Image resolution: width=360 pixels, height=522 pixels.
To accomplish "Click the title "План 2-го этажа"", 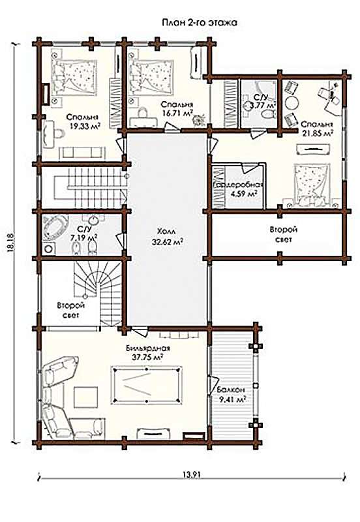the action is tap(200, 23).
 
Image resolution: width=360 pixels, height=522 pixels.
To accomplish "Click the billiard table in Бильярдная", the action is tap(147, 385).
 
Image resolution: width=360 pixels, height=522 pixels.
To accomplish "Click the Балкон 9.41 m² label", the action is tap(232, 394).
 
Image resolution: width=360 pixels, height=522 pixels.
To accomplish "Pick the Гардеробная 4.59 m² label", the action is tap(238, 189).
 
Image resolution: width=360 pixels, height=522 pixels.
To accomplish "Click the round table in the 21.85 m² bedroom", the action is tap(293, 102).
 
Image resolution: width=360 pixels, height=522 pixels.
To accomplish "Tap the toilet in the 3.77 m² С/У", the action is tap(268, 114).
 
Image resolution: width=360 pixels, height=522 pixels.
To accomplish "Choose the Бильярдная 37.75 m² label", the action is tap(148, 352).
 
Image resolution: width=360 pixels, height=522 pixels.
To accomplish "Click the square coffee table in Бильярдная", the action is tap(86, 397).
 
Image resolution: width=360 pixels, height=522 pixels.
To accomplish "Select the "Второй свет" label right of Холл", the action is tap(284, 234).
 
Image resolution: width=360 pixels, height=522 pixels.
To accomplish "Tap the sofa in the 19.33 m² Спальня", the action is tap(81, 153).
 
